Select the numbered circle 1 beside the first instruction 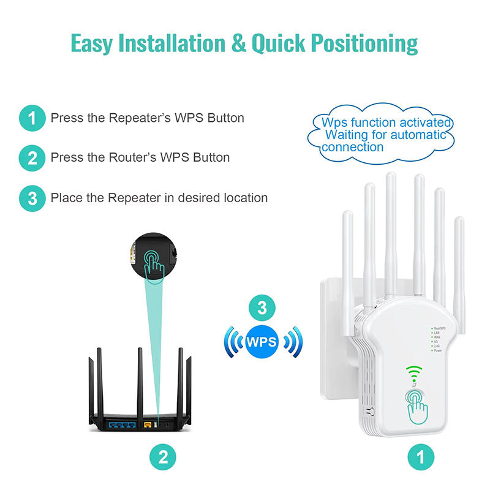(32, 118)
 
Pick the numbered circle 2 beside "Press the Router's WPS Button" (32, 158)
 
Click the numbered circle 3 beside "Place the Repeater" (32, 198)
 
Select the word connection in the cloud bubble (353, 147)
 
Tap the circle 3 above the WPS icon (262, 308)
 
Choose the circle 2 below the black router (163, 456)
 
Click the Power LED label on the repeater (438, 351)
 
